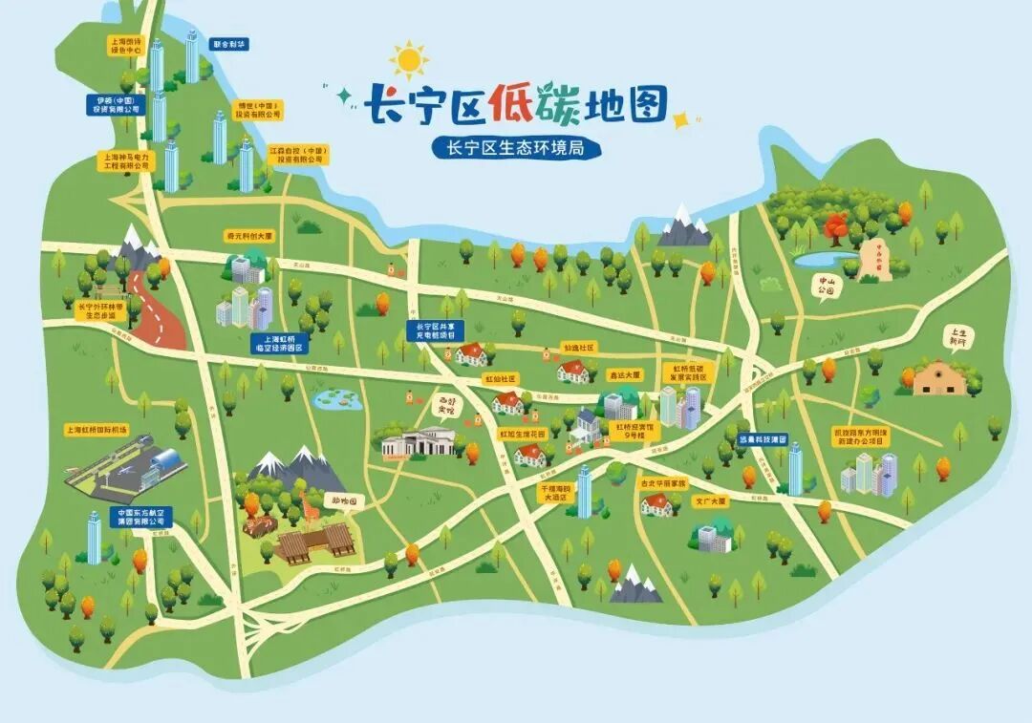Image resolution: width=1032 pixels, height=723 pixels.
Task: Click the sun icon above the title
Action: [x=410, y=60]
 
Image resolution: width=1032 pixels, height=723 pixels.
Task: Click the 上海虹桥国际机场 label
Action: [x=97, y=430]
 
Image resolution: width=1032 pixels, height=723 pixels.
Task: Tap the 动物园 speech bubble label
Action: [x=345, y=500]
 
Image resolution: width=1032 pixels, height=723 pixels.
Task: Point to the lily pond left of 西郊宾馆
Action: [x=334, y=399]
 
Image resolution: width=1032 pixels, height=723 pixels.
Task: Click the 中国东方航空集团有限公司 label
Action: [x=141, y=517]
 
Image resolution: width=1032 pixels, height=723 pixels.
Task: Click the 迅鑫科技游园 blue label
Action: [x=763, y=440]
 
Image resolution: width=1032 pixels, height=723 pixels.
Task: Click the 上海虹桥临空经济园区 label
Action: [x=277, y=344]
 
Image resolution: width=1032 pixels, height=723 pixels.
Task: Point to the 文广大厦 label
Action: [x=710, y=500]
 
